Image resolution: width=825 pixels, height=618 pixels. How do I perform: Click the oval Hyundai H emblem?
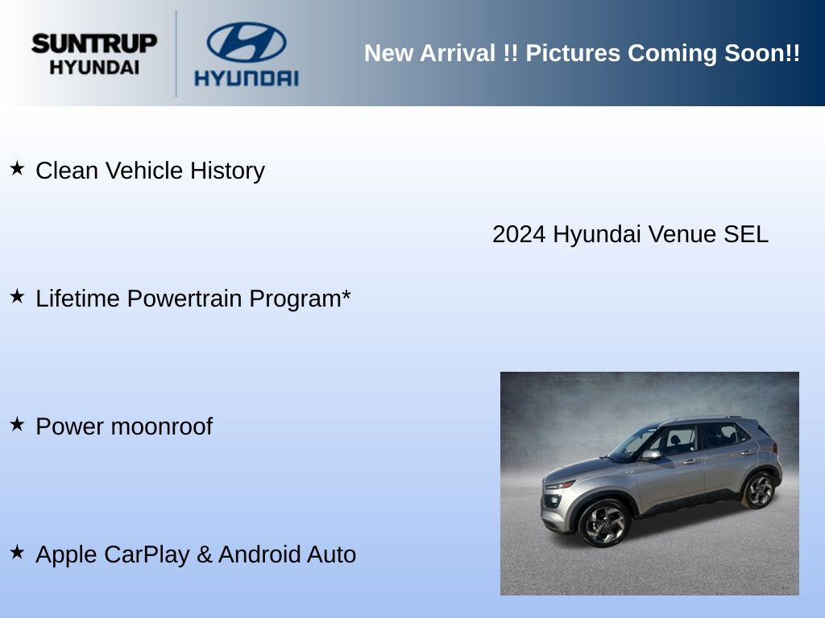[247, 42]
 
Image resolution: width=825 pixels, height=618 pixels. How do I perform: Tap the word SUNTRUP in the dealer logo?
[94, 43]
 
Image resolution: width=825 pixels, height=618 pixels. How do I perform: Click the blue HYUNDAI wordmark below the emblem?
[247, 78]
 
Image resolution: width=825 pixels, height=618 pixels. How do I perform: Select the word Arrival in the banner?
[458, 53]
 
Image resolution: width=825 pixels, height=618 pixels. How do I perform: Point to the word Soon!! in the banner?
[762, 53]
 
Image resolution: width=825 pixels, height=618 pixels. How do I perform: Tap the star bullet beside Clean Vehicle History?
[17, 168]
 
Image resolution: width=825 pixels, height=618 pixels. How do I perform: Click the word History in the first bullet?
[227, 171]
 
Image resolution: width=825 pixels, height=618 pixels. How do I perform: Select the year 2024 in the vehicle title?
[519, 234]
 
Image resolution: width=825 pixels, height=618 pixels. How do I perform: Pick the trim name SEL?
[746, 234]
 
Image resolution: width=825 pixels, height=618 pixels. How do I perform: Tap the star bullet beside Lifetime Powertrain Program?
[17, 296]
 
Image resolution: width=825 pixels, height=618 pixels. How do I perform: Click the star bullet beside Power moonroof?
[17, 423]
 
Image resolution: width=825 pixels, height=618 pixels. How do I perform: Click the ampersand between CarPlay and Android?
[204, 554]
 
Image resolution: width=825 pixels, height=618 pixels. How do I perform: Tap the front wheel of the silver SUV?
[605, 523]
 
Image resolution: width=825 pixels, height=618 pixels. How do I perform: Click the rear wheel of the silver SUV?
[759, 490]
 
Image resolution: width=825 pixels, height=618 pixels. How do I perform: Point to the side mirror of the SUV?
[651, 455]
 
